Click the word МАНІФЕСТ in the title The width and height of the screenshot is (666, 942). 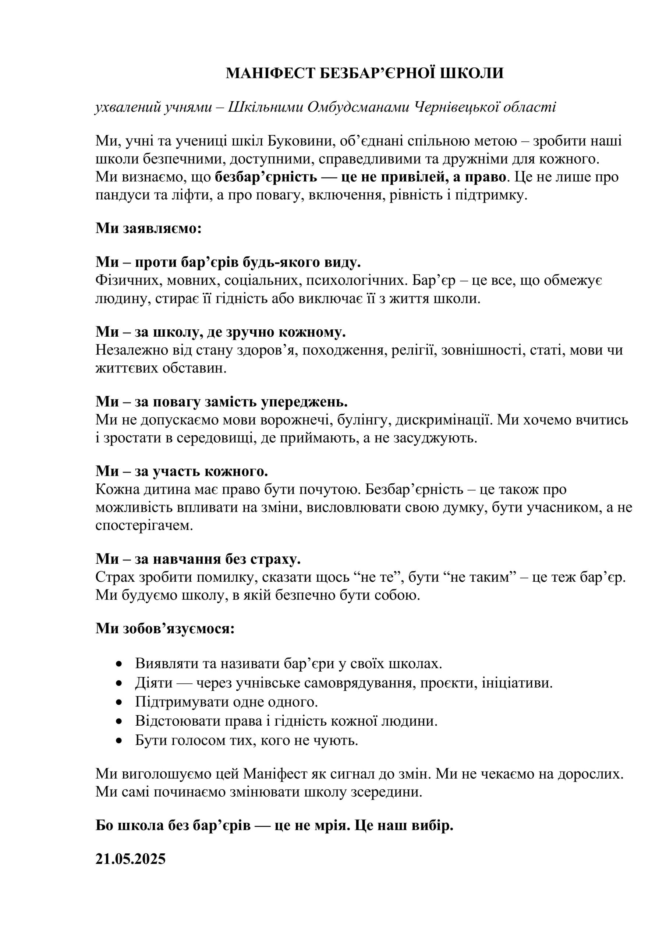271,74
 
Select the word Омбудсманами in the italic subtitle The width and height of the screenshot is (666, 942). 358,107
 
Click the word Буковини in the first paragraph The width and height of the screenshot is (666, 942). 304,141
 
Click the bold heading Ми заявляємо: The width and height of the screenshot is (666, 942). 149,228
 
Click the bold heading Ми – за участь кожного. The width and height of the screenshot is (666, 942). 181,471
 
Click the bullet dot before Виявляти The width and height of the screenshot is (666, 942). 119,664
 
